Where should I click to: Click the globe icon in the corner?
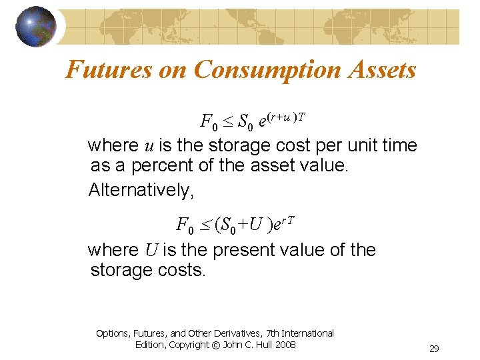[36, 27]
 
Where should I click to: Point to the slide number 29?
[434, 349]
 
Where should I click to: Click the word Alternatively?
[141, 190]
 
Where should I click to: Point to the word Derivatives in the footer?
[240, 333]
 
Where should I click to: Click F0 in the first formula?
[209, 122]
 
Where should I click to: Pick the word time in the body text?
[398, 145]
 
